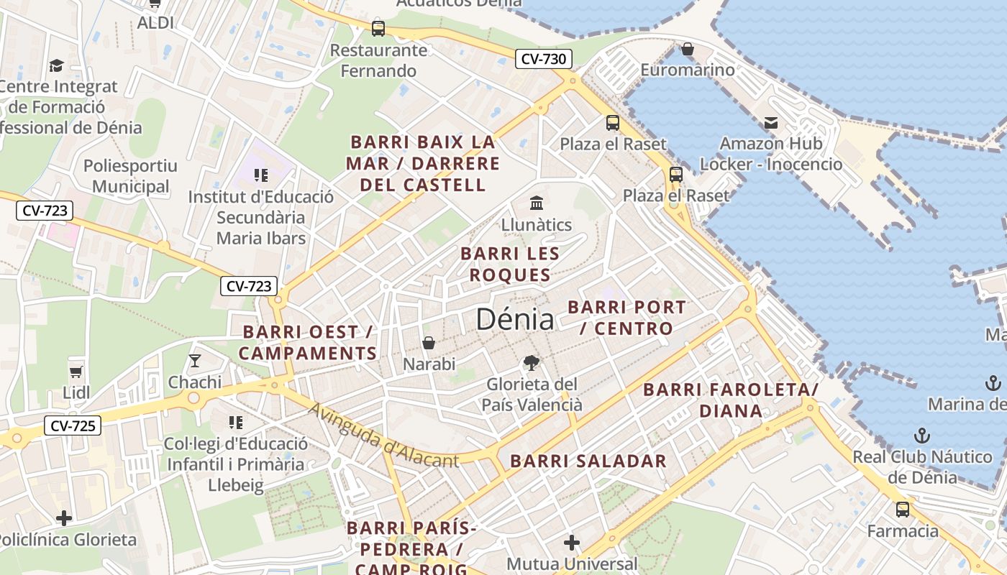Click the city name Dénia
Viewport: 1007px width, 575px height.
(515, 320)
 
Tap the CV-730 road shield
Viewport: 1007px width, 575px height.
(543, 59)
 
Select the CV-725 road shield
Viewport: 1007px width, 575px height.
(73, 425)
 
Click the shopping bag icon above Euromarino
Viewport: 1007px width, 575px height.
(688, 49)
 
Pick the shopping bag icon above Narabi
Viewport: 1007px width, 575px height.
(429, 343)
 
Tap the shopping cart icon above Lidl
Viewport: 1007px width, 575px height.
(76, 372)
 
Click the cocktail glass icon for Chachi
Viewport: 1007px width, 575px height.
(194, 360)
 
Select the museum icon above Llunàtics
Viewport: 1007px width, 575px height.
(536, 203)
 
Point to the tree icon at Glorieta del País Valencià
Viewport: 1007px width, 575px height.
(532, 363)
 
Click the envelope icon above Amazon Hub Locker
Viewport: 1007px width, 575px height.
(771, 123)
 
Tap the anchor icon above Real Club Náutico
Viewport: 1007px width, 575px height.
(921, 435)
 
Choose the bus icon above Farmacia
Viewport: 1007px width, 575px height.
(902, 510)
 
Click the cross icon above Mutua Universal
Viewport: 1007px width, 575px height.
(572, 542)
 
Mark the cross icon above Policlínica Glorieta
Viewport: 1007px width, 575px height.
(64, 517)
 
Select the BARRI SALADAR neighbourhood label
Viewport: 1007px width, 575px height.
(588, 461)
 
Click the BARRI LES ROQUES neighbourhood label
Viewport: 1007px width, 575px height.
(510, 264)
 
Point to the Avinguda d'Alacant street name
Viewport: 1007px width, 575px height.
(383, 435)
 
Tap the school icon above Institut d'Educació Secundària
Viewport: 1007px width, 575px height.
(260, 175)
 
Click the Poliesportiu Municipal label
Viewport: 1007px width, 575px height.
(130, 176)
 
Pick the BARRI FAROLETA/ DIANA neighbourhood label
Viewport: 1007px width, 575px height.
(731, 400)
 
